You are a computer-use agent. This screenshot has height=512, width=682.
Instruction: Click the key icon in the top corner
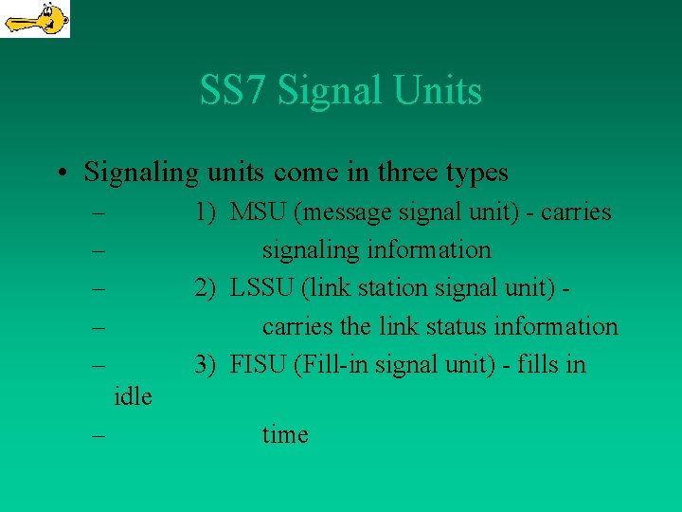click(35, 19)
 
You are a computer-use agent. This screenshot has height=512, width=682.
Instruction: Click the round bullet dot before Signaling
click(60, 174)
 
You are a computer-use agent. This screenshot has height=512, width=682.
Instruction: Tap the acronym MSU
click(259, 212)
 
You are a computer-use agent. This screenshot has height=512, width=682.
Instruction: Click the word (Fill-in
click(331, 364)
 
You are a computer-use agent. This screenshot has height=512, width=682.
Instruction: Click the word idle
click(133, 396)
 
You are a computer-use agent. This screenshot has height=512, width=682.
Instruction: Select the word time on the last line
click(285, 435)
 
